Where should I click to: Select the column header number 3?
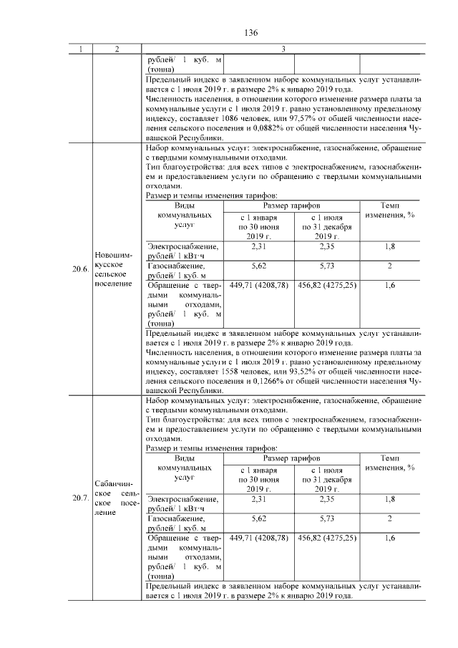point(283,49)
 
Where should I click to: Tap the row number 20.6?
point(79,269)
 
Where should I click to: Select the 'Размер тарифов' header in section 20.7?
point(291,458)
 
